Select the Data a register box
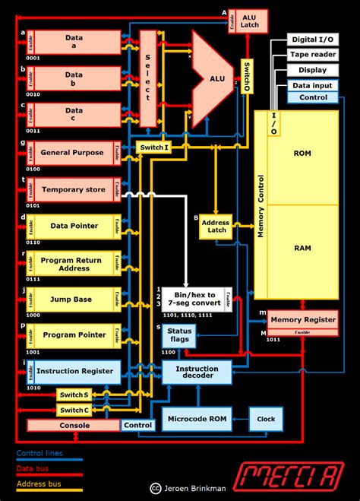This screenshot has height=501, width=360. (x=74, y=42)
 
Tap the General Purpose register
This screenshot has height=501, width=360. (x=72, y=153)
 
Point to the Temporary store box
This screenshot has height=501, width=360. (x=72, y=189)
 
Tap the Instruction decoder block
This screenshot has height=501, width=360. (x=197, y=373)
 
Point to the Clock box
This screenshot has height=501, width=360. (x=266, y=418)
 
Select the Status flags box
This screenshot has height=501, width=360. (x=179, y=335)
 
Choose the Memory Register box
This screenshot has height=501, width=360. (x=302, y=321)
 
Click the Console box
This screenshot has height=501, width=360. (x=74, y=425)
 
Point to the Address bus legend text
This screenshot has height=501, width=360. (x=39, y=484)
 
